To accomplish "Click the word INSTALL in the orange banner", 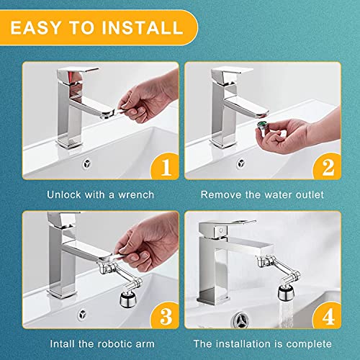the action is tap(143, 27).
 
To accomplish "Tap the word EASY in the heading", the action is tap(36, 27).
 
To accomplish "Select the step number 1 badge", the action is tap(165, 167).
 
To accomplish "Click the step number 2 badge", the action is tap(328, 167).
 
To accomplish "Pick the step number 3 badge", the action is tap(165, 316).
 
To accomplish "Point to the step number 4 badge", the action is tap(328, 316).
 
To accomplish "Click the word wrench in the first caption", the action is tap(136, 195).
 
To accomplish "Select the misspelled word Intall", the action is tap(63, 344).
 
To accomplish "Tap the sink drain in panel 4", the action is tap(240, 320).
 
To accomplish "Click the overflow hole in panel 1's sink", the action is tap(86, 164).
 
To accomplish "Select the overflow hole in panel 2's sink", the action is tap(241, 164).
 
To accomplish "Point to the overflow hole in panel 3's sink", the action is tap(82, 315).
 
